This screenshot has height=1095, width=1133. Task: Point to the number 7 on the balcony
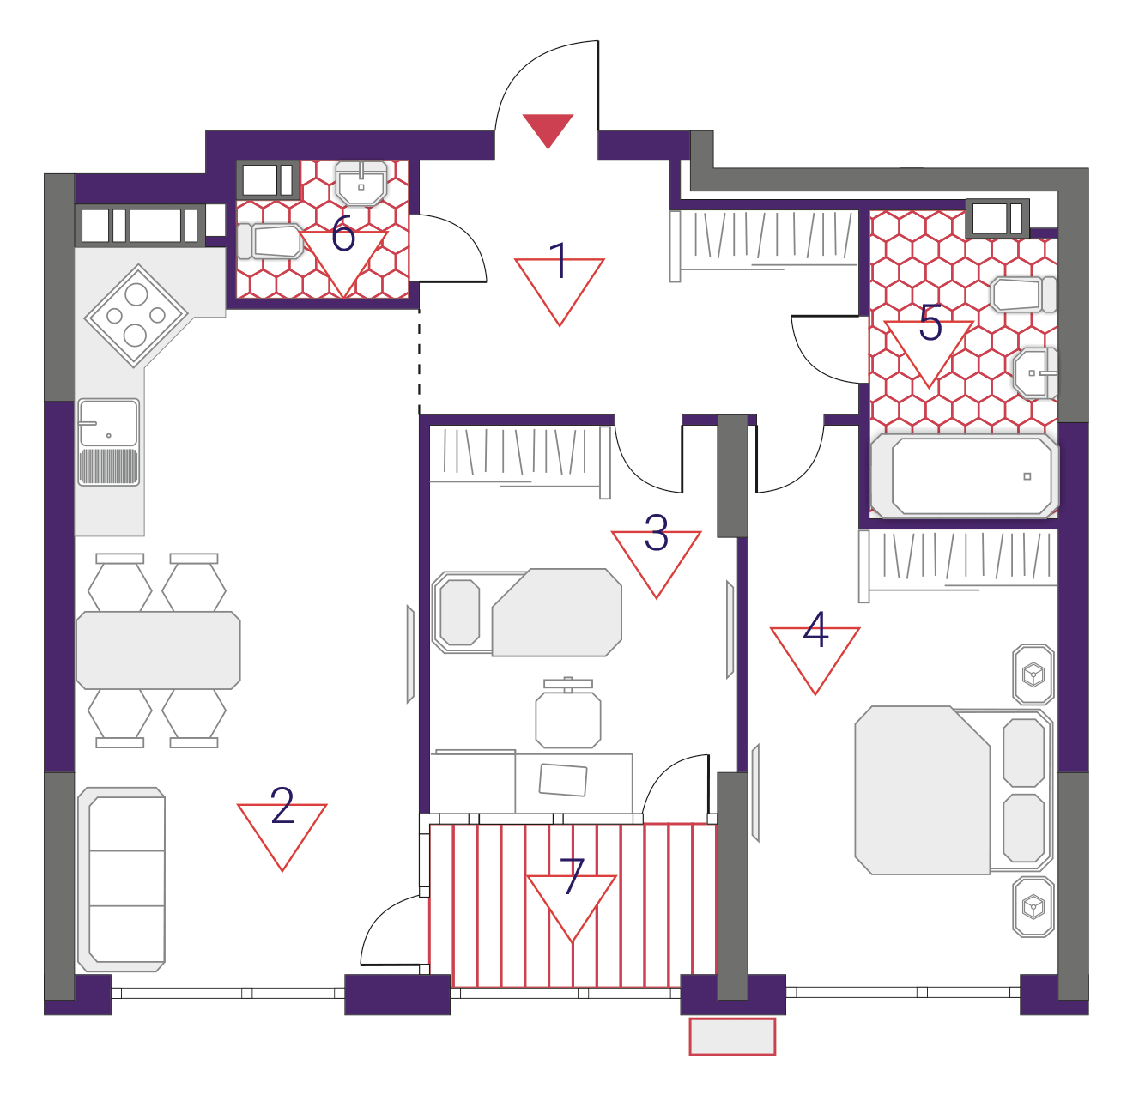click(x=572, y=876)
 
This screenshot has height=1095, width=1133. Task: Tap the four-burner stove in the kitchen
click(x=136, y=316)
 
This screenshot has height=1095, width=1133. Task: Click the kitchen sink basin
click(x=109, y=422)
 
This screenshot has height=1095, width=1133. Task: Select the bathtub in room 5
click(x=964, y=475)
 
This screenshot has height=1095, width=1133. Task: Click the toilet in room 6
click(x=270, y=241)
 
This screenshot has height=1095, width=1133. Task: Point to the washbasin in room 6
click(x=361, y=184)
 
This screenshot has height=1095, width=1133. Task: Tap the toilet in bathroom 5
click(x=1023, y=294)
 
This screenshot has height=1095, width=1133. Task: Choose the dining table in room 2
click(x=158, y=650)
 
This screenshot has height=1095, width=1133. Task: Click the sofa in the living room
click(x=122, y=880)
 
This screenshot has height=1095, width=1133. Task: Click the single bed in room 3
click(x=527, y=613)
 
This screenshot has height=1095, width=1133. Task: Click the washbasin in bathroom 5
click(x=1035, y=373)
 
